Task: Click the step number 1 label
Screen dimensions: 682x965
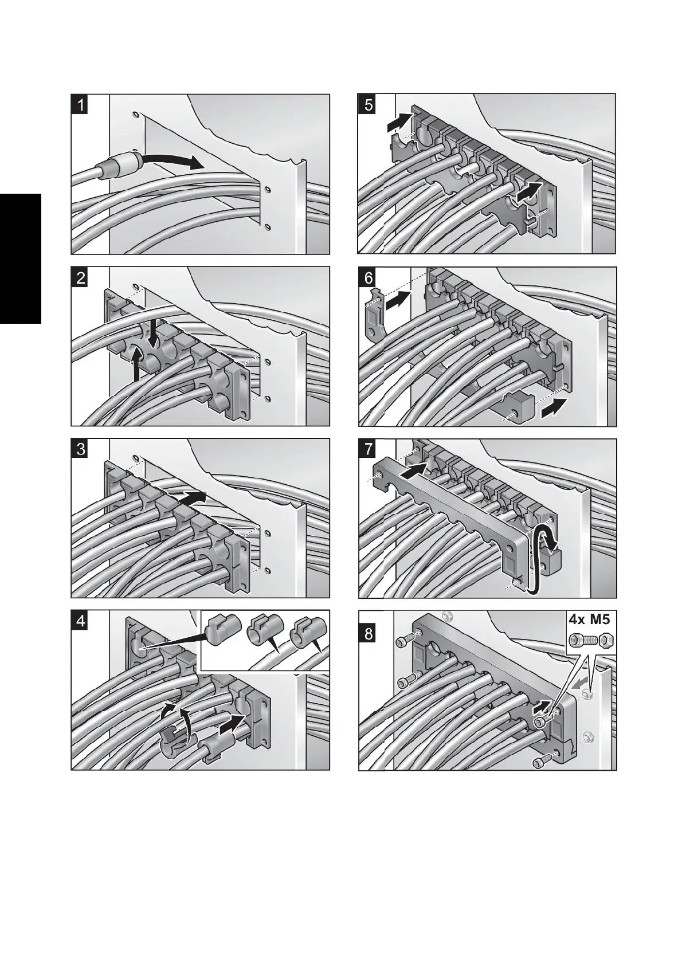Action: point(81,105)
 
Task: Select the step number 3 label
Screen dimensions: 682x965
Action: point(81,449)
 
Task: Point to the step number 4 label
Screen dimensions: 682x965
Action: point(81,621)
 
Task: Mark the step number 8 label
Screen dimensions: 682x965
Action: point(368,634)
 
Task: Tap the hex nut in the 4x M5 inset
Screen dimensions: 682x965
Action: point(604,639)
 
